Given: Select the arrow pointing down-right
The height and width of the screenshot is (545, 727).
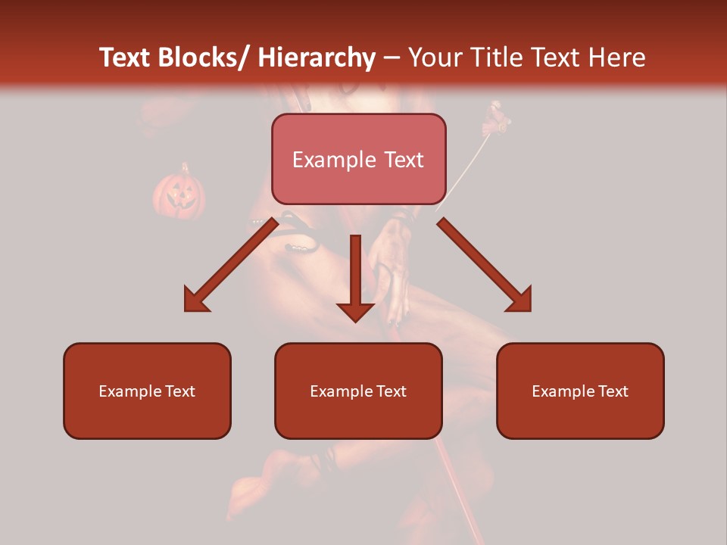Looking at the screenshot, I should (485, 265).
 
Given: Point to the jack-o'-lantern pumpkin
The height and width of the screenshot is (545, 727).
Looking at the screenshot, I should (179, 193).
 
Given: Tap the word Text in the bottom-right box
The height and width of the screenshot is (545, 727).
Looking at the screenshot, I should (613, 391).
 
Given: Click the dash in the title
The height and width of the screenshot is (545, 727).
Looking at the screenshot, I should (392, 58).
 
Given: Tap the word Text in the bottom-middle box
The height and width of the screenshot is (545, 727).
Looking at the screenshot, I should (391, 391).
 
